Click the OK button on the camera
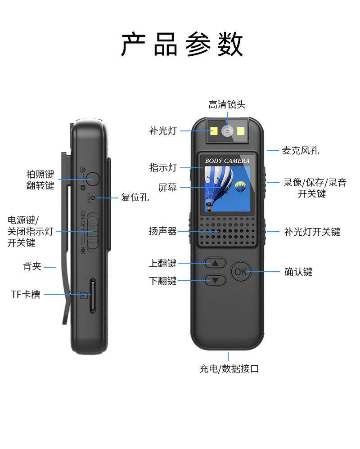tap(241, 272)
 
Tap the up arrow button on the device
tap(215, 263)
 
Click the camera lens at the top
tap(228, 131)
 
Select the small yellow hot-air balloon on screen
tap(241, 186)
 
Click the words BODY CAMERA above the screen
tap(227, 161)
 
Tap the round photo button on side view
tap(92, 179)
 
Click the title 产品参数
tap(182, 44)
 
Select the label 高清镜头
tap(227, 105)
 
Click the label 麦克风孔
tap(300, 151)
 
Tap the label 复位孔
tap(135, 197)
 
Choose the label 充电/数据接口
tap(229, 369)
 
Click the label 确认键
tap(298, 272)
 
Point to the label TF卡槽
tap(26, 295)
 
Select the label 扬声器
tap(163, 231)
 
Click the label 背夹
tap(32, 266)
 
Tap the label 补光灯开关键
tap(312, 232)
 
